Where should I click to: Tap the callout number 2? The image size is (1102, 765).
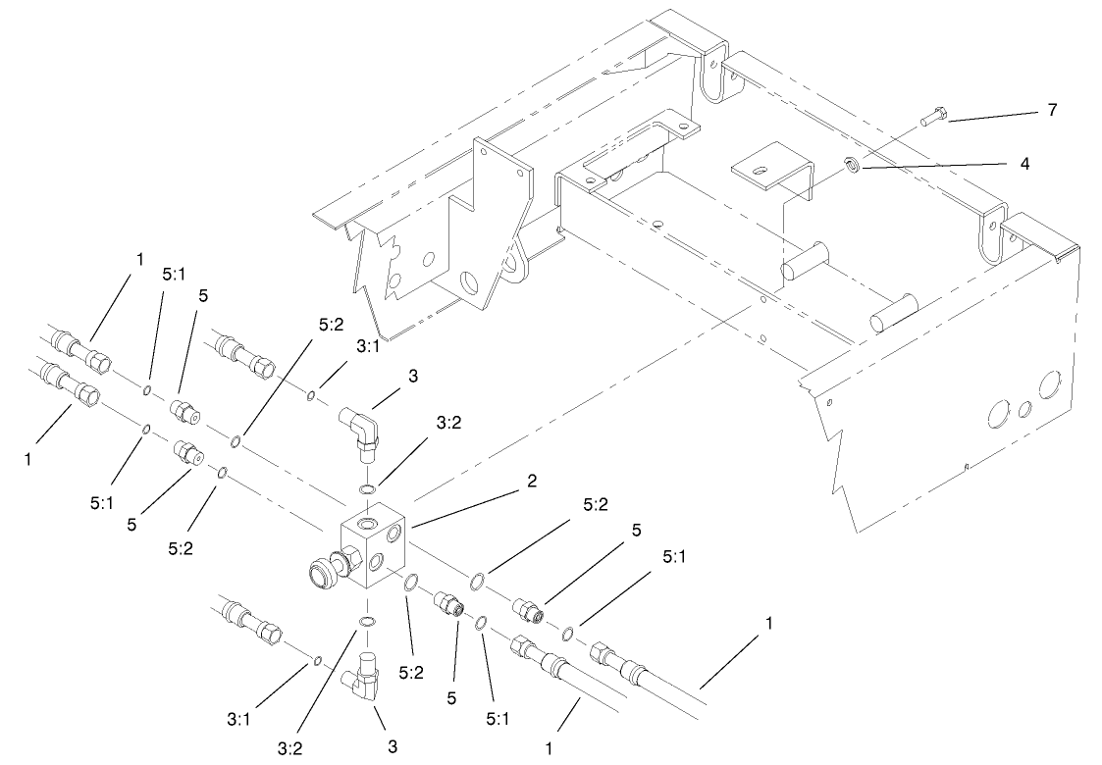(531, 482)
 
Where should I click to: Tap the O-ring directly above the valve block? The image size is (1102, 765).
(367, 488)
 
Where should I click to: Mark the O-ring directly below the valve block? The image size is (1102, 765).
(367, 622)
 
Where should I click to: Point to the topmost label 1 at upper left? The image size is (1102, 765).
(140, 259)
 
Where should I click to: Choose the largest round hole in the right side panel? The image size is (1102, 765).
(1050, 383)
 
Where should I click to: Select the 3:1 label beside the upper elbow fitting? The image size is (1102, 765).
(368, 347)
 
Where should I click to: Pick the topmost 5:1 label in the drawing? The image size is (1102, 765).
(174, 277)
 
